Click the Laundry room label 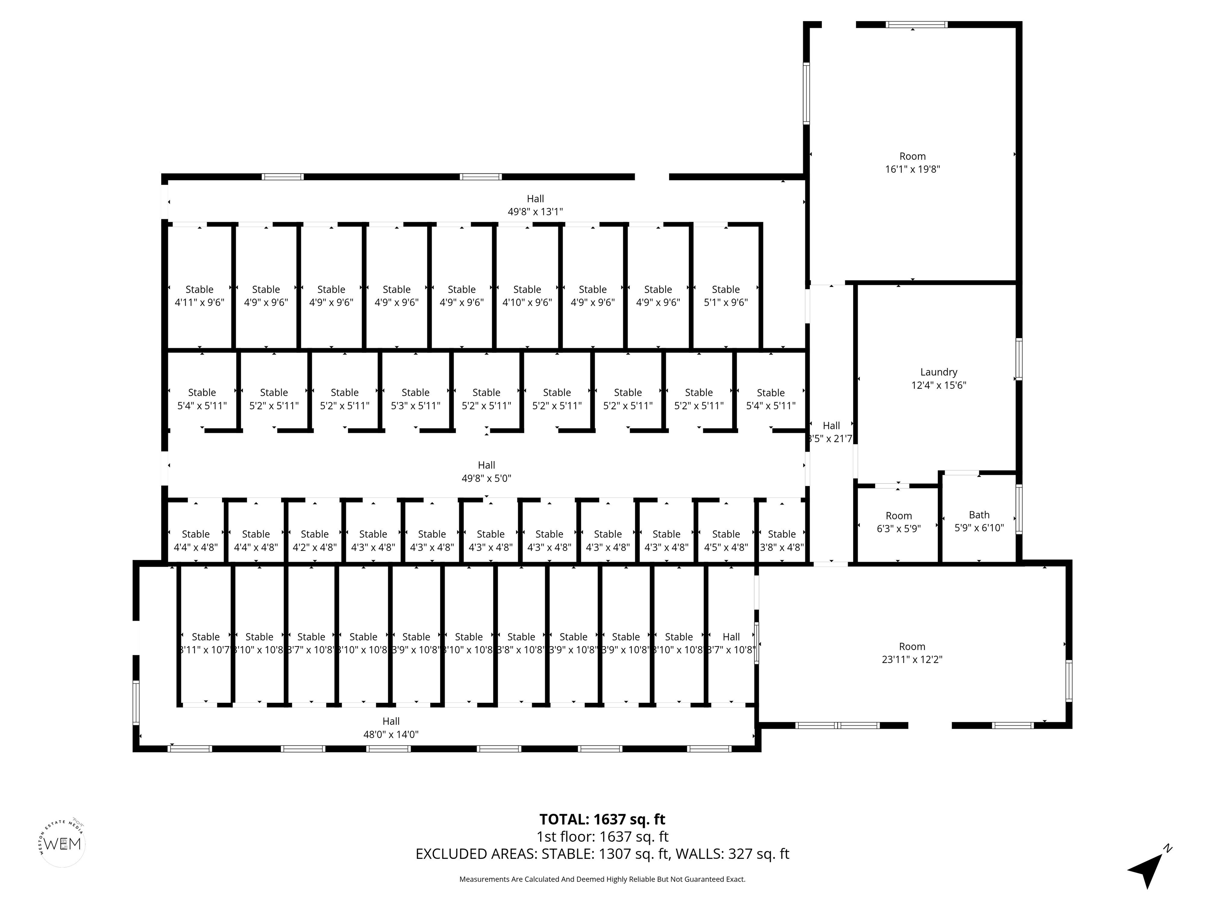click(938, 372)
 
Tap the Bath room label click(979, 515)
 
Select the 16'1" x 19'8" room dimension click(912, 169)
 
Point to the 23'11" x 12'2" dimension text click(912, 659)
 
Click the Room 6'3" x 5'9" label click(898, 522)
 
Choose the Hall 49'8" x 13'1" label click(535, 205)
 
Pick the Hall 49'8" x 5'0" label click(486, 471)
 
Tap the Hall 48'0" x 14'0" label click(391, 727)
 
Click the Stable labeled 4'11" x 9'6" click(199, 296)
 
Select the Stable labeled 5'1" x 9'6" click(726, 296)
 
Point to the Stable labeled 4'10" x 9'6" click(527, 296)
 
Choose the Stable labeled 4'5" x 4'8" click(726, 541)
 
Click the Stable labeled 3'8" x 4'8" click(781, 541)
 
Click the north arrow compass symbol click(1148, 868)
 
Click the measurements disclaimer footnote click(602, 879)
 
